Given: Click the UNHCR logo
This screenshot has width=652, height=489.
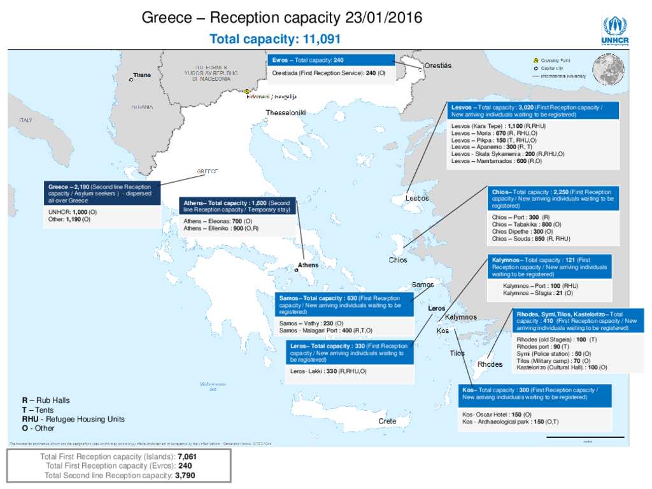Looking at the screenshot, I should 614,31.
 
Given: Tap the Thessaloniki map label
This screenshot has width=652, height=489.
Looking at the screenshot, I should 285,113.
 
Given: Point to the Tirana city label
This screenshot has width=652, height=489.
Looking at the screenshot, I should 142,75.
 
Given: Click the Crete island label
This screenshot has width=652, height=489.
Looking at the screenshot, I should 387,422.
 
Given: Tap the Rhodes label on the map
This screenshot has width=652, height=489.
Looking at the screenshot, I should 490,364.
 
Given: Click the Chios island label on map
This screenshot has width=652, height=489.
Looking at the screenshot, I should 398,260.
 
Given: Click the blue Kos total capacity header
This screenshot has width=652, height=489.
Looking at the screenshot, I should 534,393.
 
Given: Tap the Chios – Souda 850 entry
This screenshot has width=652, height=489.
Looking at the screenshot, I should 531,239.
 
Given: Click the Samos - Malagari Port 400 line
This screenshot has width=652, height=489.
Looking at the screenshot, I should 325,330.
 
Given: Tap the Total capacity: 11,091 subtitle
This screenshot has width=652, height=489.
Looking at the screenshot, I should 275,39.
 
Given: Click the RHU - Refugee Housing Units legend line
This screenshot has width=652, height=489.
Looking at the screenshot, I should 73,419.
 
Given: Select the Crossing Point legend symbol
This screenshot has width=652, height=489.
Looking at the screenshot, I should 536,60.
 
